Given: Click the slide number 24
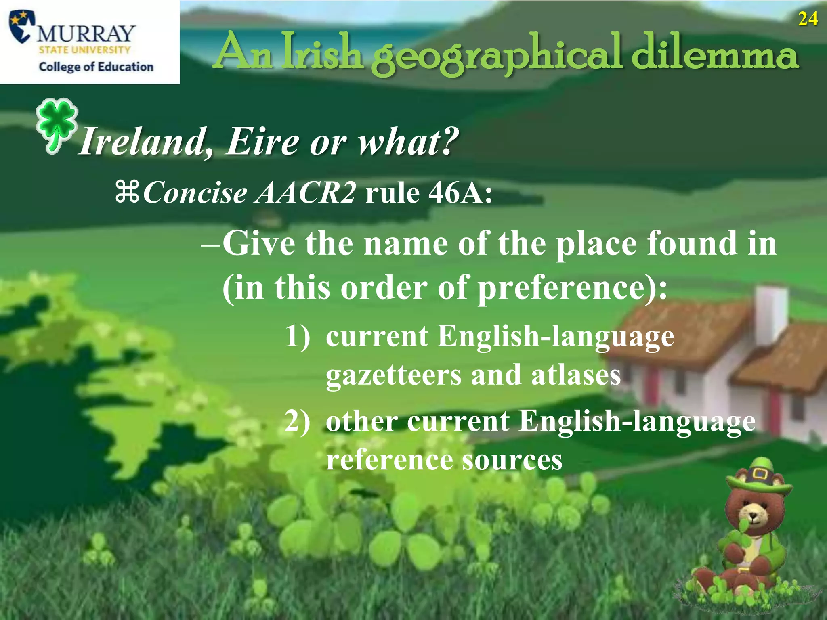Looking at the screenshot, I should click(808, 19).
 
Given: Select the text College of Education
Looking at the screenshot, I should click(96, 67).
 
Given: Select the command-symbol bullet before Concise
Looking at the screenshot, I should click(127, 192).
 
